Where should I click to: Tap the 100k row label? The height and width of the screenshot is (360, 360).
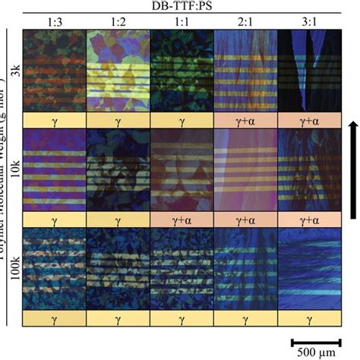[17, 270]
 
